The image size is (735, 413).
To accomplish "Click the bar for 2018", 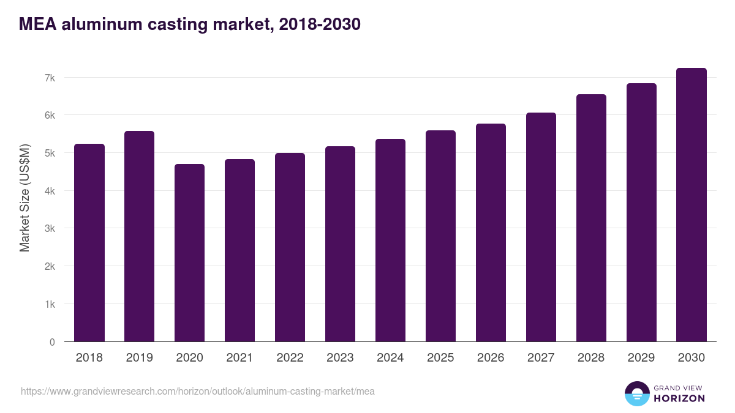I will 89,243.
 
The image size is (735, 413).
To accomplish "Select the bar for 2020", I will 190,253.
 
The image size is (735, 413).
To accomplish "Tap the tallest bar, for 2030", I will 692,205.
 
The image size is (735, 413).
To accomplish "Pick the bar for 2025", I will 441,236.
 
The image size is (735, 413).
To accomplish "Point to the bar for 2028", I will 591,218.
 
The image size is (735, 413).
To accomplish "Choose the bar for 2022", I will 290,247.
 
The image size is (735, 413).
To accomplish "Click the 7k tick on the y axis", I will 50,78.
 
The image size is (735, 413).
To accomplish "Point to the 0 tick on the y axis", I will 52,342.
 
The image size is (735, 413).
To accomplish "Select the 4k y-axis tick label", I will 50,191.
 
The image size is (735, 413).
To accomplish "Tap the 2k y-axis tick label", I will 50,267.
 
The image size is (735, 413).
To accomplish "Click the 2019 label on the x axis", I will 140,358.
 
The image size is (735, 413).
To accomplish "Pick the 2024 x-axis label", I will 390,358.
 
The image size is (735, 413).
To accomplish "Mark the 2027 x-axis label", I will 541,358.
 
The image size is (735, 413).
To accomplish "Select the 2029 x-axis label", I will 641,358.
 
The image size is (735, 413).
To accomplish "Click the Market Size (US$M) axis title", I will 24,198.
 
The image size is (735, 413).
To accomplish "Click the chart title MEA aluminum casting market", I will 189,24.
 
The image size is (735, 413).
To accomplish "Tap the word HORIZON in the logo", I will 679,398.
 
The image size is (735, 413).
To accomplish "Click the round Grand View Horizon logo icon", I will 637,393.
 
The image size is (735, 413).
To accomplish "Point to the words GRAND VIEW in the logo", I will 679,387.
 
